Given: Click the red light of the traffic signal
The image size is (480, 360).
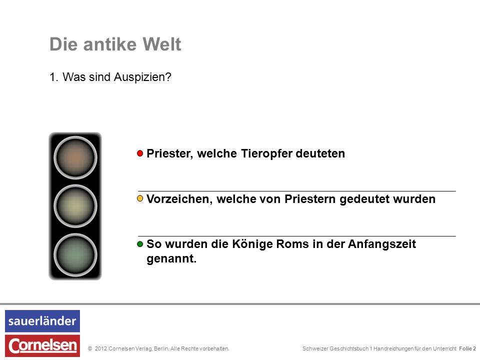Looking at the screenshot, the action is [75, 157].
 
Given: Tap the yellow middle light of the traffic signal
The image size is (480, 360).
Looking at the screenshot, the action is [75, 206].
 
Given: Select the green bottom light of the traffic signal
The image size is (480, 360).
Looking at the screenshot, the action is [75, 254].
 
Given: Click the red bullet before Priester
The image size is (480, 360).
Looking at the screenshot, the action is [140, 153].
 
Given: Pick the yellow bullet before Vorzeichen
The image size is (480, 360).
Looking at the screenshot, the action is [140, 198].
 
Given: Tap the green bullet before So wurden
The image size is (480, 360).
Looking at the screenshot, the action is [140, 244].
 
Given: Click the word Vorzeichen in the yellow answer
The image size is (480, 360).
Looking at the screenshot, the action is [178, 199].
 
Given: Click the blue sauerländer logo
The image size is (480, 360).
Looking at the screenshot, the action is [42, 321].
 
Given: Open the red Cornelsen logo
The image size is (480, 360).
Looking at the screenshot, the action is [42, 345].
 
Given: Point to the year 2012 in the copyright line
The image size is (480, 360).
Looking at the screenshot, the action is [100, 348].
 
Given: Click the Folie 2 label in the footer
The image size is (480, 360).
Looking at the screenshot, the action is [467, 348].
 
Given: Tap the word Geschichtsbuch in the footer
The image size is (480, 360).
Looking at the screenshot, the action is [349, 348].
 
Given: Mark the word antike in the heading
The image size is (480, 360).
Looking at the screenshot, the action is [109, 44].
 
